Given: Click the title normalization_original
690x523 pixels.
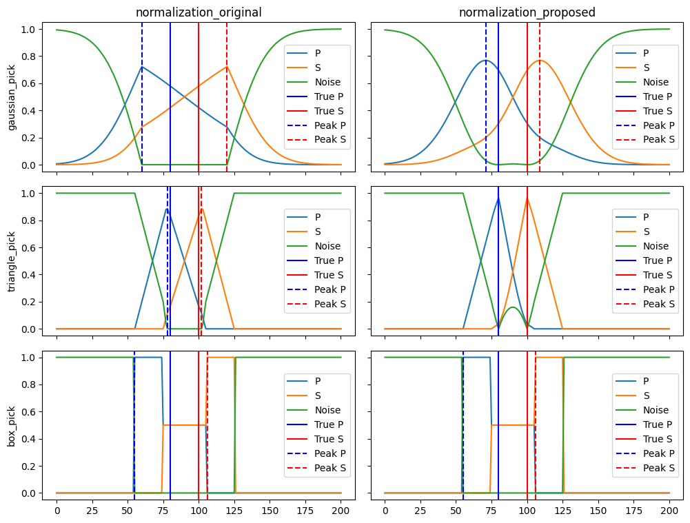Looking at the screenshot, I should pyautogui.click(x=199, y=12).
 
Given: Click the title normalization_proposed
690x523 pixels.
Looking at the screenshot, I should pyautogui.click(x=527, y=12).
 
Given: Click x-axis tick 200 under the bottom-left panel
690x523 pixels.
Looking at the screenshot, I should pyautogui.click(x=341, y=511).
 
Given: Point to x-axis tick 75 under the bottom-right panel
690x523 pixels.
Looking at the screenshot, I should pyautogui.click(x=491, y=511).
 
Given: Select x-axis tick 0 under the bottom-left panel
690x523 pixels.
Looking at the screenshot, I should pyautogui.click(x=57, y=511).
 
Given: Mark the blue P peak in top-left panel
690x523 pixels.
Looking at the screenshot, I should pyautogui.click(x=142, y=67).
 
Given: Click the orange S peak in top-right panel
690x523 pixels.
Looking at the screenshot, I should pyautogui.click(x=540, y=61).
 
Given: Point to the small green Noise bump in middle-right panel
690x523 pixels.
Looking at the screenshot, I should pyautogui.click(x=512, y=307).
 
